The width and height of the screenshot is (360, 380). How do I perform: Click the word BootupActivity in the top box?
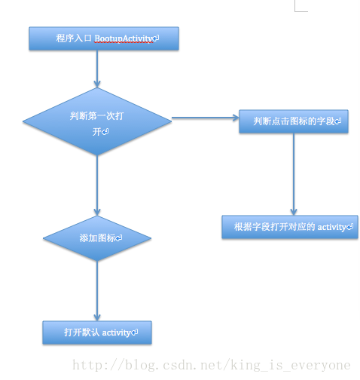point(124,38)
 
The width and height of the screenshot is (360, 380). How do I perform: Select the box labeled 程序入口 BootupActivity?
point(104,38)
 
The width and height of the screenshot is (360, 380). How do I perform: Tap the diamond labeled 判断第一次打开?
point(97,121)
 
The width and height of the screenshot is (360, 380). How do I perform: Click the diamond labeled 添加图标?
point(97,238)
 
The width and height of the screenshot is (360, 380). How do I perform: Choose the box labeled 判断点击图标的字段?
point(294,121)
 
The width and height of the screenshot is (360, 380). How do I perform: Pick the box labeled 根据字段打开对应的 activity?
point(290,227)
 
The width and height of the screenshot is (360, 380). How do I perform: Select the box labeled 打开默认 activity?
point(97,332)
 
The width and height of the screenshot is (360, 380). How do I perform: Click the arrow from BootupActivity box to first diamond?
point(97,69)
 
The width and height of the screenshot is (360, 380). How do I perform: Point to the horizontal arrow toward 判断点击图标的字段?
point(206,118)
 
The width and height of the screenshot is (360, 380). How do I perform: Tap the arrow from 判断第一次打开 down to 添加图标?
point(97,185)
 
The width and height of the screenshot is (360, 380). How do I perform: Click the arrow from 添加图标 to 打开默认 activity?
point(97,291)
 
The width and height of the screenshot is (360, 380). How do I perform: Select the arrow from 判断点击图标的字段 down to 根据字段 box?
point(294,174)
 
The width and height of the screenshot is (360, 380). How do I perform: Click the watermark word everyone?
point(321,366)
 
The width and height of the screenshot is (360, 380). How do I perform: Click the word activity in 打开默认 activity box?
point(116,333)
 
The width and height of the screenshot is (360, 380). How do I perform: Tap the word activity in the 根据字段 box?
point(332,227)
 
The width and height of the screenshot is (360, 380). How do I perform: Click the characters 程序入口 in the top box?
point(74,38)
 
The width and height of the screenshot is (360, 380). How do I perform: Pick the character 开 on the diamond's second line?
point(97,132)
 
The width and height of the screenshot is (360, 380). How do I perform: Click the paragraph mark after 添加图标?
point(119,237)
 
